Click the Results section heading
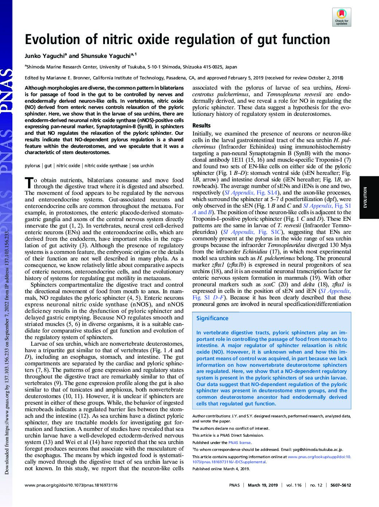(201, 126)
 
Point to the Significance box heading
(212, 318)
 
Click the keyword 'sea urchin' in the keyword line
(143, 166)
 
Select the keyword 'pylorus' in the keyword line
(32, 166)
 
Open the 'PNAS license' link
(239, 443)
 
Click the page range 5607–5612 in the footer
(341, 485)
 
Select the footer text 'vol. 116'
(294, 485)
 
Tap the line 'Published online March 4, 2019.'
(221, 469)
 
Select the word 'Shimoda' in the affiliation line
(36, 67)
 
